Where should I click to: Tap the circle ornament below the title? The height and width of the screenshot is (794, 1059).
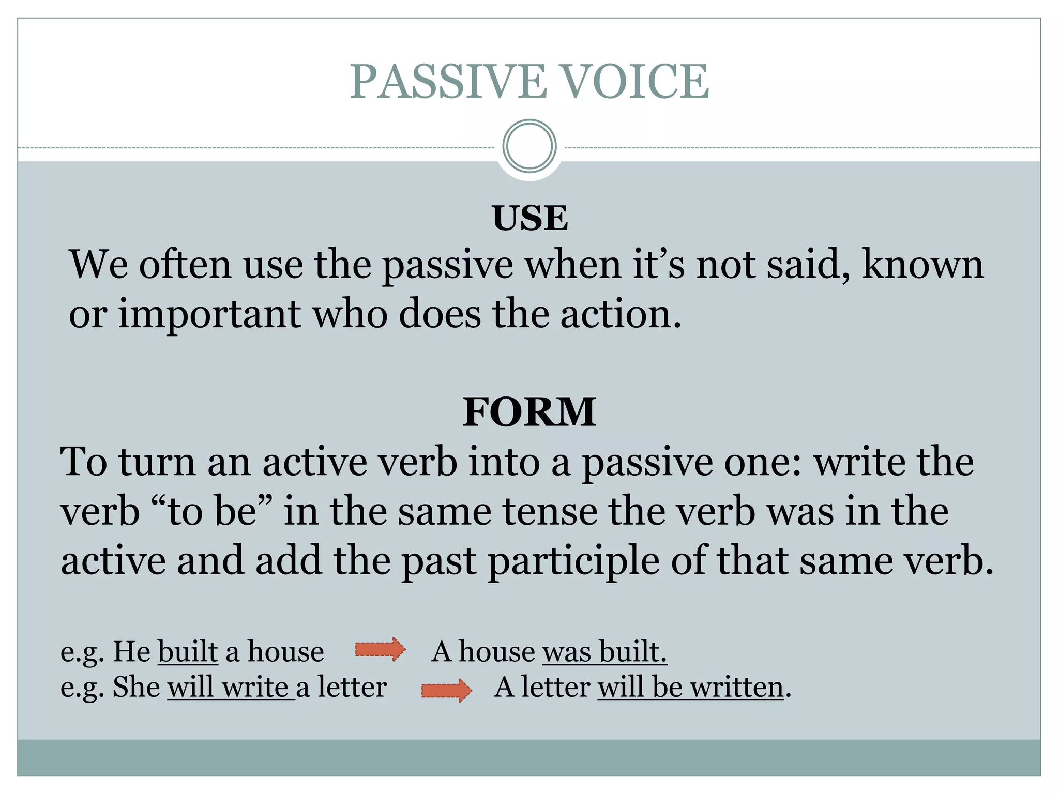[529, 146]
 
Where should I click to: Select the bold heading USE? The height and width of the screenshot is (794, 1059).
[529, 218]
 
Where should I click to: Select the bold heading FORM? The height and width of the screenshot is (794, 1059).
[529, 412]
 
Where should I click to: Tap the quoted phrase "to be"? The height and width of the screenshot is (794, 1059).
[213, 511]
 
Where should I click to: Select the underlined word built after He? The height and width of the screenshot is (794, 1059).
[188, 651]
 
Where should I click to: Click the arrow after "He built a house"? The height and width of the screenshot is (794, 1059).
[380, 649]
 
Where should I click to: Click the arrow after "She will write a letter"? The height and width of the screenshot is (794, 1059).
[446, 690]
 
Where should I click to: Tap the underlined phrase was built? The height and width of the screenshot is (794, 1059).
[604, 651]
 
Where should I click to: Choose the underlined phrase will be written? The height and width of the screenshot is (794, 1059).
[691, 688]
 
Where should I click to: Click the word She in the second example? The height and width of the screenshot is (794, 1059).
[136, 688]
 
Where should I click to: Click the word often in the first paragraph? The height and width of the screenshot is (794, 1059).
[185, 265]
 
